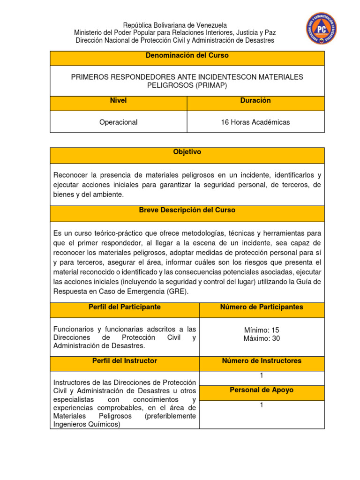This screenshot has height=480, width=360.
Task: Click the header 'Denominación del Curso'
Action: click(x=187, y=55)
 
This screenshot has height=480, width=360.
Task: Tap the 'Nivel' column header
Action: click(x=118, y=101)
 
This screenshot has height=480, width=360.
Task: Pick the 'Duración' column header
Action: click(x=255, y=101)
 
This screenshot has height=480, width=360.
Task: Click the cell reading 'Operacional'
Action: click(x=118, y=122)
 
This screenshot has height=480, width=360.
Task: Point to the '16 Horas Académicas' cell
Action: click(x=255, y=122)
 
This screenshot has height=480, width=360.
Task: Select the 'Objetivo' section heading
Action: click(x=187, y=152)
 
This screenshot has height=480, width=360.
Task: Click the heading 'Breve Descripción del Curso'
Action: click(x=187, y=210)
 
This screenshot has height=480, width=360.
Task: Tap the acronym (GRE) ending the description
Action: click(x=177, y=291)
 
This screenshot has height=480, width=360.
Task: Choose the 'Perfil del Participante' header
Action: click(x=124, y=307)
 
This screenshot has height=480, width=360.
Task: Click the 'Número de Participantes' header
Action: click(x=262, y=307)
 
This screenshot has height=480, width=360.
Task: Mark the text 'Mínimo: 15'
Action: click(x=262, y=330)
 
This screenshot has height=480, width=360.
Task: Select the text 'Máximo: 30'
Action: click(x=262, y=338)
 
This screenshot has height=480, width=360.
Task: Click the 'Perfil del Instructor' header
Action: click(x=124, y=361)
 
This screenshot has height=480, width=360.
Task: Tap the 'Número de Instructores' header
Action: click(x=262, y=361)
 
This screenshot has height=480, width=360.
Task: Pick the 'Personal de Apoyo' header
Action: click(x=262, y=390)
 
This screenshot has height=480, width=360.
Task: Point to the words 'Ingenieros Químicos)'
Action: click(x=87, y=425)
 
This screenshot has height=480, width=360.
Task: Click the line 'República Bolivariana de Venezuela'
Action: click(x=175, y=25)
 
